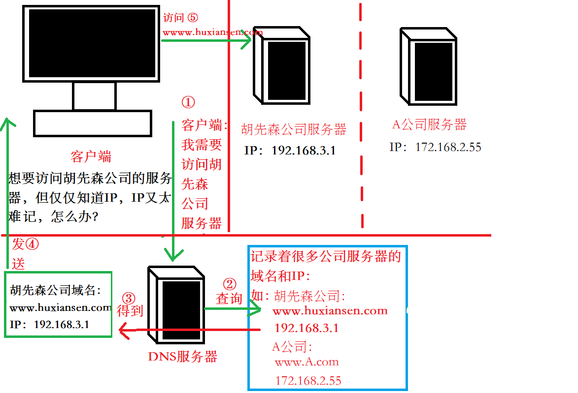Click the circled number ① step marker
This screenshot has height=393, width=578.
tap(188, 102)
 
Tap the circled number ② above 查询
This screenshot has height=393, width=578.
tap(230, 284)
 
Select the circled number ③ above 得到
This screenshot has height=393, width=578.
tap(128, 298)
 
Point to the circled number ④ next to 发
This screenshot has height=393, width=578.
tap(32, 243)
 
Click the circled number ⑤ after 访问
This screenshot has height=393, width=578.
tap(192, 18)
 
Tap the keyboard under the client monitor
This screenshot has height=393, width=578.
tap(93, 123)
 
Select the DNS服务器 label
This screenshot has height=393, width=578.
tap(182, 357)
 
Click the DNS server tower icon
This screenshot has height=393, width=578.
tap(176, 305)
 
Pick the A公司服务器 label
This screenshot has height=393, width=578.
tap(429, 124)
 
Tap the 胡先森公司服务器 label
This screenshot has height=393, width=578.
tap(294, 129)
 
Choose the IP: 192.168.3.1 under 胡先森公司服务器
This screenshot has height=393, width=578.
tap(290, 151)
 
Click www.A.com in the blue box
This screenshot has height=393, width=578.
tap(306, 363)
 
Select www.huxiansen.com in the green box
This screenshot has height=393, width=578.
tap(60, 308)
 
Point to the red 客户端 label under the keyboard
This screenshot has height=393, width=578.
tap(91, 157)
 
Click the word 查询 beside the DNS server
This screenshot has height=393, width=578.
tap(229, 298)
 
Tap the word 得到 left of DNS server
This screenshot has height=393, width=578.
tap(130, 311)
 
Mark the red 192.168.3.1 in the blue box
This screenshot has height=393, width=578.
tap(306, 328)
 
